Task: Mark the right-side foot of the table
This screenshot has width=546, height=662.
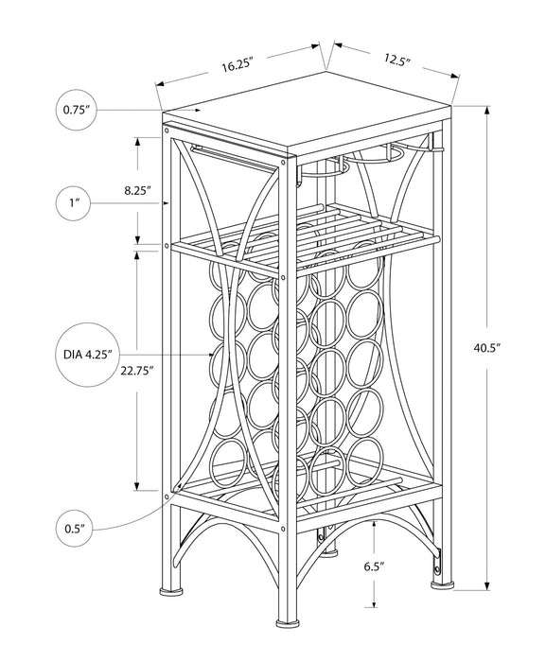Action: click(442, 584)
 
